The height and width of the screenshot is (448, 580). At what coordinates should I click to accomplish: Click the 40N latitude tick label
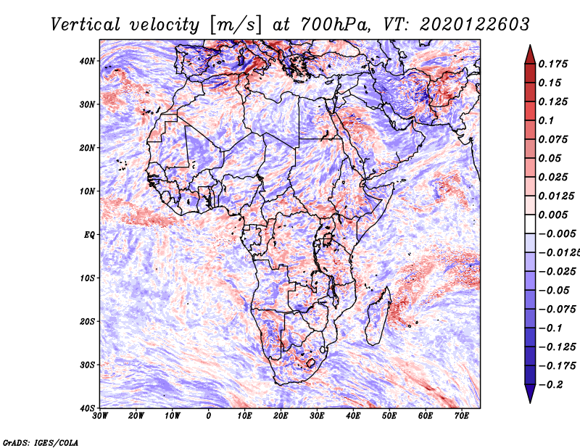pyautogui.click(x=87, y=61)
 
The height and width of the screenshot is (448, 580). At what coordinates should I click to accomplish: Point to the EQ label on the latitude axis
pyautogui.click(x=89, y=235)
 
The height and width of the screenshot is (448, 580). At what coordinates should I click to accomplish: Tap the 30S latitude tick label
pyautogui.click(x=87, y=365)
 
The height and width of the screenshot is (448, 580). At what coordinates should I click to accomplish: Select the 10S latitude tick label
pyautogui.click(x=87, y=278)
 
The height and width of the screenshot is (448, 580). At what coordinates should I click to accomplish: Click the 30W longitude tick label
pyautogui.click(x=100, y=416)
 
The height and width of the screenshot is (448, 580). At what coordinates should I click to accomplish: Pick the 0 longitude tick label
pyautogui.click(x=209, y=416)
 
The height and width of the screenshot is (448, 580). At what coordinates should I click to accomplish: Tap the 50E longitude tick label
pyautogui.click(x=389, y=416)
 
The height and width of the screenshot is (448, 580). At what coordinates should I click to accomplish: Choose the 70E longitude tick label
pyautogui.click(x=462, y=416)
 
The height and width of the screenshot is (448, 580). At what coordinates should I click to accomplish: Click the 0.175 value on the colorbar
pyautogui.click(x=552, y=65)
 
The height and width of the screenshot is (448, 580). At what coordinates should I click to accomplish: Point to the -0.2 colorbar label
pyautogui.click(x=550, y=385)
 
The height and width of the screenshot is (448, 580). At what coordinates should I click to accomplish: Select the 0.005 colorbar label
pyautogui.click(x=552, y=215)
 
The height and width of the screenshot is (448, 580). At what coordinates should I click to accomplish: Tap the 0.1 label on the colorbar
pyautogui.click(x=546, y=120)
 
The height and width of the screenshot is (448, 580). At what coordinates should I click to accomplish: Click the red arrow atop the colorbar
pyautogui.click(x=530, y=55)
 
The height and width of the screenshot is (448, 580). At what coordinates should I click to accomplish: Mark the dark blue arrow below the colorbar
pyautogui.click(x=530, y=394)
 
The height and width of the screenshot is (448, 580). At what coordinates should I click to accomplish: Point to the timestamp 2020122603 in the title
pyautogui.click(x=475, y=25)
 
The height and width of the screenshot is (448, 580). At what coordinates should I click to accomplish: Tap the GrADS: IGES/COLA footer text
pyautogui.click(x=41, y=442)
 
